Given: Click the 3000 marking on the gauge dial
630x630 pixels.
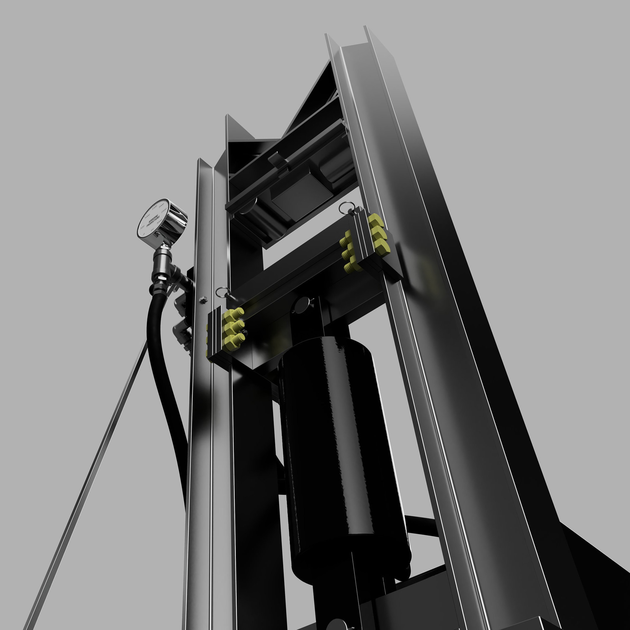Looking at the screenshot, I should (x=160, y=223).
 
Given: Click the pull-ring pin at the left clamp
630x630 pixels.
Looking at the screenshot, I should (x=223, y=293).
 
